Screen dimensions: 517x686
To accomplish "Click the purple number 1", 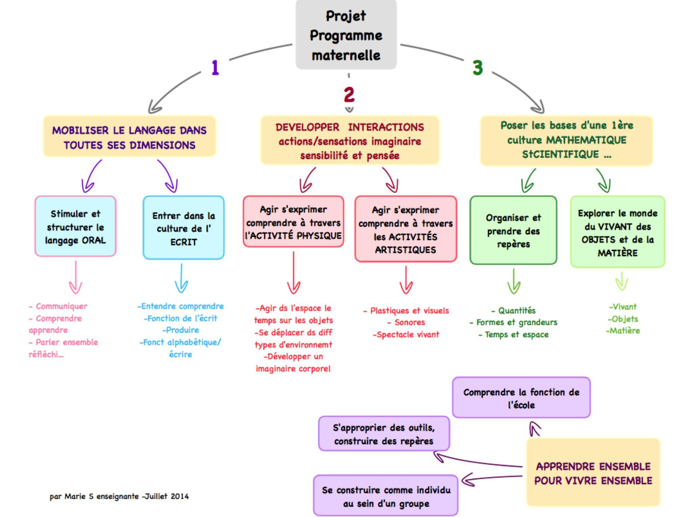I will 215,68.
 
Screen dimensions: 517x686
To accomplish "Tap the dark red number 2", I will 349,95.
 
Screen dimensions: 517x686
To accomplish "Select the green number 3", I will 477,68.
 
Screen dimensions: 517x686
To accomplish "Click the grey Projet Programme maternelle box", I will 346,35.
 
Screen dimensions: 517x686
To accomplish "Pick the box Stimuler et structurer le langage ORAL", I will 75,226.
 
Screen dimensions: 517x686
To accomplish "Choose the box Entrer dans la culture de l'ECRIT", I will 183,228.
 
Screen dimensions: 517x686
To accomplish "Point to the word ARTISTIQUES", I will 405,250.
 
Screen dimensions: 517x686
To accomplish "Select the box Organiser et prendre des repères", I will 513,230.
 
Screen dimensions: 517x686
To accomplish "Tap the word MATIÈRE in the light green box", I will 617,253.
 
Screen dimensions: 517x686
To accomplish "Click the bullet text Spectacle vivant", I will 408,335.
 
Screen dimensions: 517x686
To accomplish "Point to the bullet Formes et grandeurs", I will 516,322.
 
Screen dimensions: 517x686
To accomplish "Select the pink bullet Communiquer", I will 61,306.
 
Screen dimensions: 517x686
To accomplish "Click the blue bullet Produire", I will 182,330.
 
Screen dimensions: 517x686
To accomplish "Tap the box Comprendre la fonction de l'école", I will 521,398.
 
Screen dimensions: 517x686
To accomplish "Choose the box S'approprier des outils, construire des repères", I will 384,434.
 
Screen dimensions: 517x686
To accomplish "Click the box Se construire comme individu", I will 386,496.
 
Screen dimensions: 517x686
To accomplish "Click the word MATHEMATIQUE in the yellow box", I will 586,140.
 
